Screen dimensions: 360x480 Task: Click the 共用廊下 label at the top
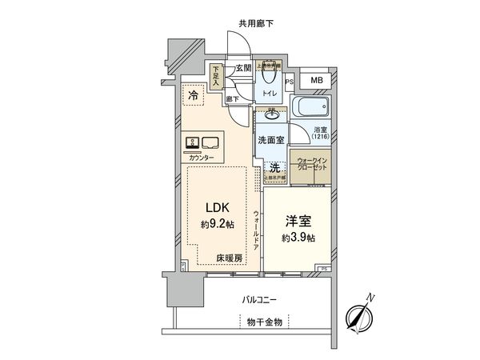pos(257,25)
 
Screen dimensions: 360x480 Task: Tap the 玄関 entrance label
pos(243,69)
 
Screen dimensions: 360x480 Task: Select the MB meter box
pos(318,80)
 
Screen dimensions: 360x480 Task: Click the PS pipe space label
pos(290,80)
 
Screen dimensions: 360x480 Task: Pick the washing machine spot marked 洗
pos(274,168)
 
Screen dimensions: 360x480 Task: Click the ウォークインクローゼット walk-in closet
pos(308,165)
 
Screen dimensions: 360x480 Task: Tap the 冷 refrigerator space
pos(193,96)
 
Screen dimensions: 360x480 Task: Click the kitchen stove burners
pos(193,143)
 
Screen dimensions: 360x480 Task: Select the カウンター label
pos(201,158)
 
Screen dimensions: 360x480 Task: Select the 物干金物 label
pos(264,321)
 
